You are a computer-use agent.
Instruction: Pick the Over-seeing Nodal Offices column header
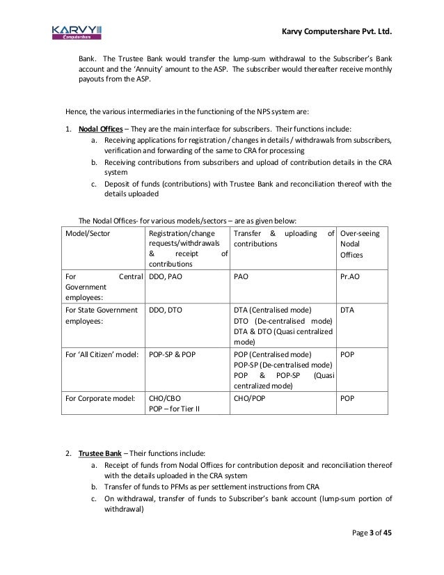point(359,246)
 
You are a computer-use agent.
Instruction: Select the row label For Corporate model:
point(98,399)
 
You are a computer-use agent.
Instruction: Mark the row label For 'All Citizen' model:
point(101,354)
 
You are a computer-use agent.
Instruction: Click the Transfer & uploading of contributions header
point(283,239)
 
